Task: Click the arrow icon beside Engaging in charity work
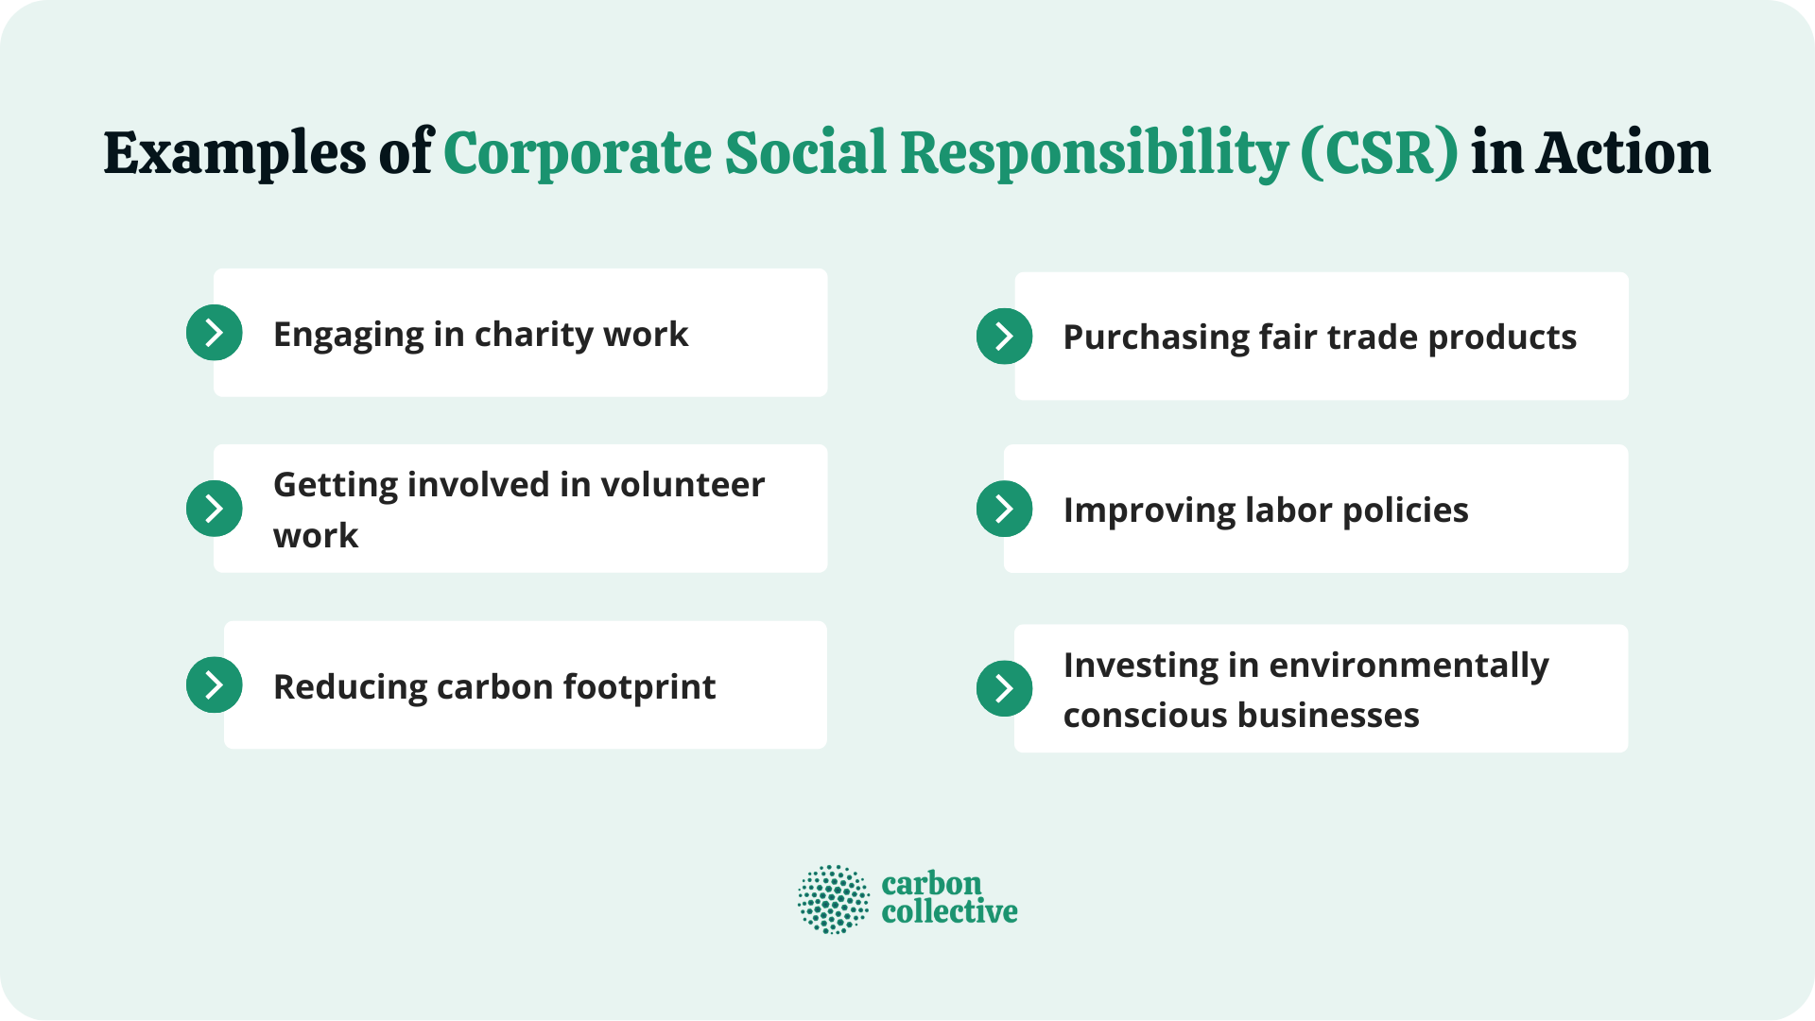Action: pos(215,333)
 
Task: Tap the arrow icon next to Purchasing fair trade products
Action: pos(1004,337)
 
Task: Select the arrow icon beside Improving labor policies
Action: pos(1004,509)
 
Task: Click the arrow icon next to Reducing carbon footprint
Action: pos(215,684)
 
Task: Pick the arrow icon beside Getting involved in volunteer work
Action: pos(215,509)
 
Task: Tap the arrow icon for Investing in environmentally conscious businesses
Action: pos(1004,688)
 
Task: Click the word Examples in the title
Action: pos(234,154)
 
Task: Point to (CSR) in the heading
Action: pos(1379,154)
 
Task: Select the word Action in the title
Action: pos(1623,154)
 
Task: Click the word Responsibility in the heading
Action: pos(1094,154)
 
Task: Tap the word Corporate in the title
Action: pos(577,154)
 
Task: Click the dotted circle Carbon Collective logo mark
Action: pos(833,899)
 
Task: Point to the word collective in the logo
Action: pos(949,912)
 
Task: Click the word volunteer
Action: pos(683,485)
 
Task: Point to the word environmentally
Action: pos(1409,666)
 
